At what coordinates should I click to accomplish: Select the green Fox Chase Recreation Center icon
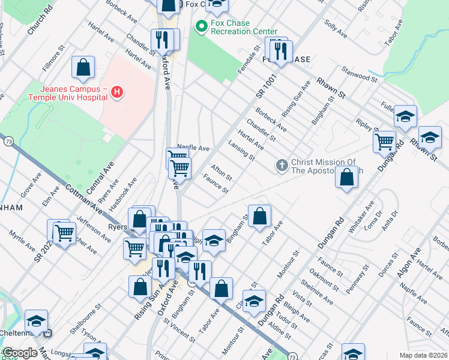(202, 26)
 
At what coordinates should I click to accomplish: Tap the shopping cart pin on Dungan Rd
(384, 142)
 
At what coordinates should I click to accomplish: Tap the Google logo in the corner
(19, 353)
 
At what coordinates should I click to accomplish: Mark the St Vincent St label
(180, 329)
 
